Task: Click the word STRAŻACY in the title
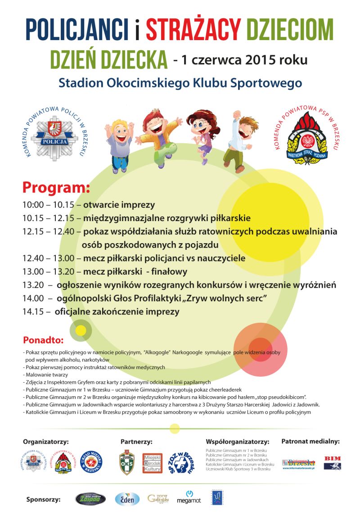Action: [x=193, y=30]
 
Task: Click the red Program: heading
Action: [x=56, y=187]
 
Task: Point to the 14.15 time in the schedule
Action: [x=32, y=312]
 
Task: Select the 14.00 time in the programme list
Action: [x=32, y=298]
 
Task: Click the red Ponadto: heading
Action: [x=43, y=339]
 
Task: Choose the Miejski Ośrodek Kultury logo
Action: [x=152, y=462]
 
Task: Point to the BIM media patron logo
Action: [x=332, y=462]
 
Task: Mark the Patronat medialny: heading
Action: [x=310, y=441]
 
